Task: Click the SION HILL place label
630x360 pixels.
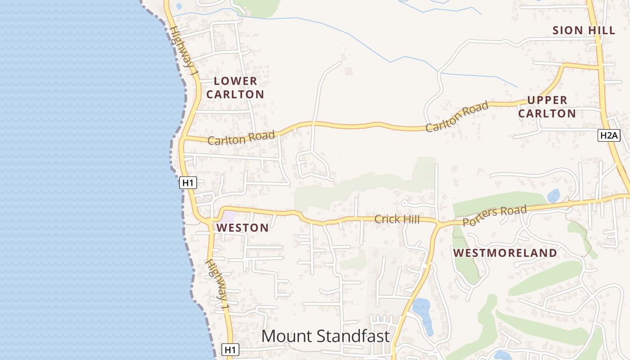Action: (x=584, y=31)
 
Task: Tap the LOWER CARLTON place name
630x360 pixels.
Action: (x=235, y=88)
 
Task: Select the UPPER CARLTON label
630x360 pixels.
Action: (x=547, y=107)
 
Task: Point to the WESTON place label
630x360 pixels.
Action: (x=243, y=228)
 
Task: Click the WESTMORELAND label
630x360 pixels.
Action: (x=505, y=253)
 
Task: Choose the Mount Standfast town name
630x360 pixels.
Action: (x=325, y=336)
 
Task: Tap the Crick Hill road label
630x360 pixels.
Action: (x=397, y=220)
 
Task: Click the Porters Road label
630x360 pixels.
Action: (x=495, y=216)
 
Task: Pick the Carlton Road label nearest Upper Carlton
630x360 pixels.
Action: (x=457, y=117)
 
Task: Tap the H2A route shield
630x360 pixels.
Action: (x=609, y=135)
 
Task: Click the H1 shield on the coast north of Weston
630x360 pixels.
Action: (x=188, y=183)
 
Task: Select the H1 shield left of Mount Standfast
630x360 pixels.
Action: (x=230, y=350)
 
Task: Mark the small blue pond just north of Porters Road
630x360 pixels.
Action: (x=553, y=196)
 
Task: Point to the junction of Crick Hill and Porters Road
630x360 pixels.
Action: (x=438, y=222)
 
